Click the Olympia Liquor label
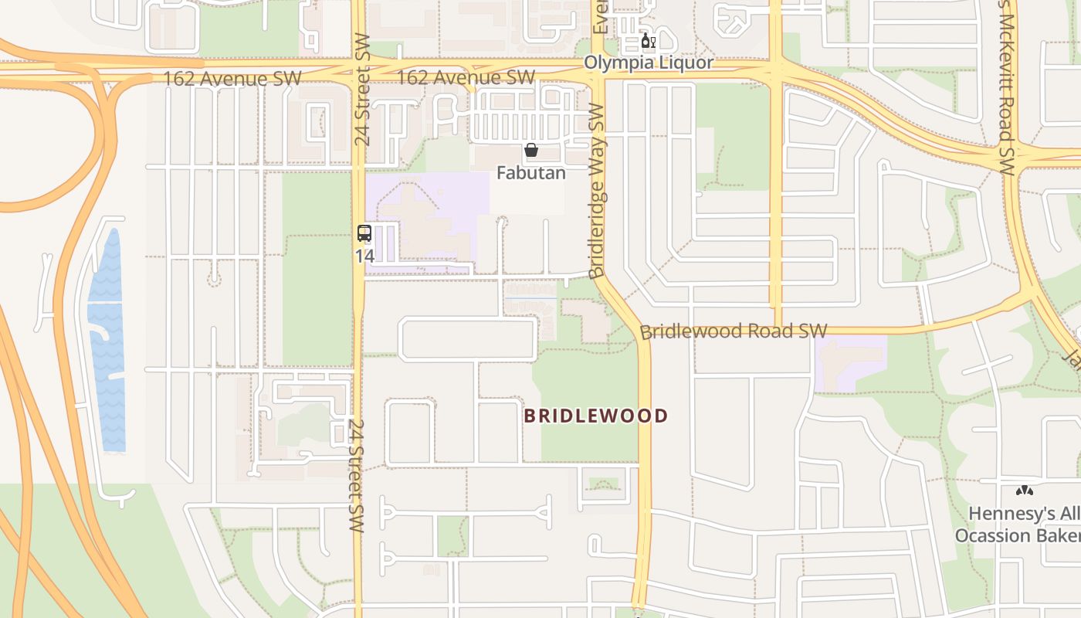[649, 63]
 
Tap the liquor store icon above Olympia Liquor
[648, 41]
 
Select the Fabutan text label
[530, 172]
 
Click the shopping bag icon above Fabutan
[531, 150]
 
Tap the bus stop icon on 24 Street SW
[364, 233]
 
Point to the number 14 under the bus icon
[364, 254]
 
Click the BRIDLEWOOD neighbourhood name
[595, 416]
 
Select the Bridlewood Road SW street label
[734, 331]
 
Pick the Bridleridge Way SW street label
[596, 191]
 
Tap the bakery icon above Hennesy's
[1024, 491]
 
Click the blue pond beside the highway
[106, 340]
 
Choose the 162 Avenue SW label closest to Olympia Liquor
[466, 77]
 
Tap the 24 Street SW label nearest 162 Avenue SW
[362, 89]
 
